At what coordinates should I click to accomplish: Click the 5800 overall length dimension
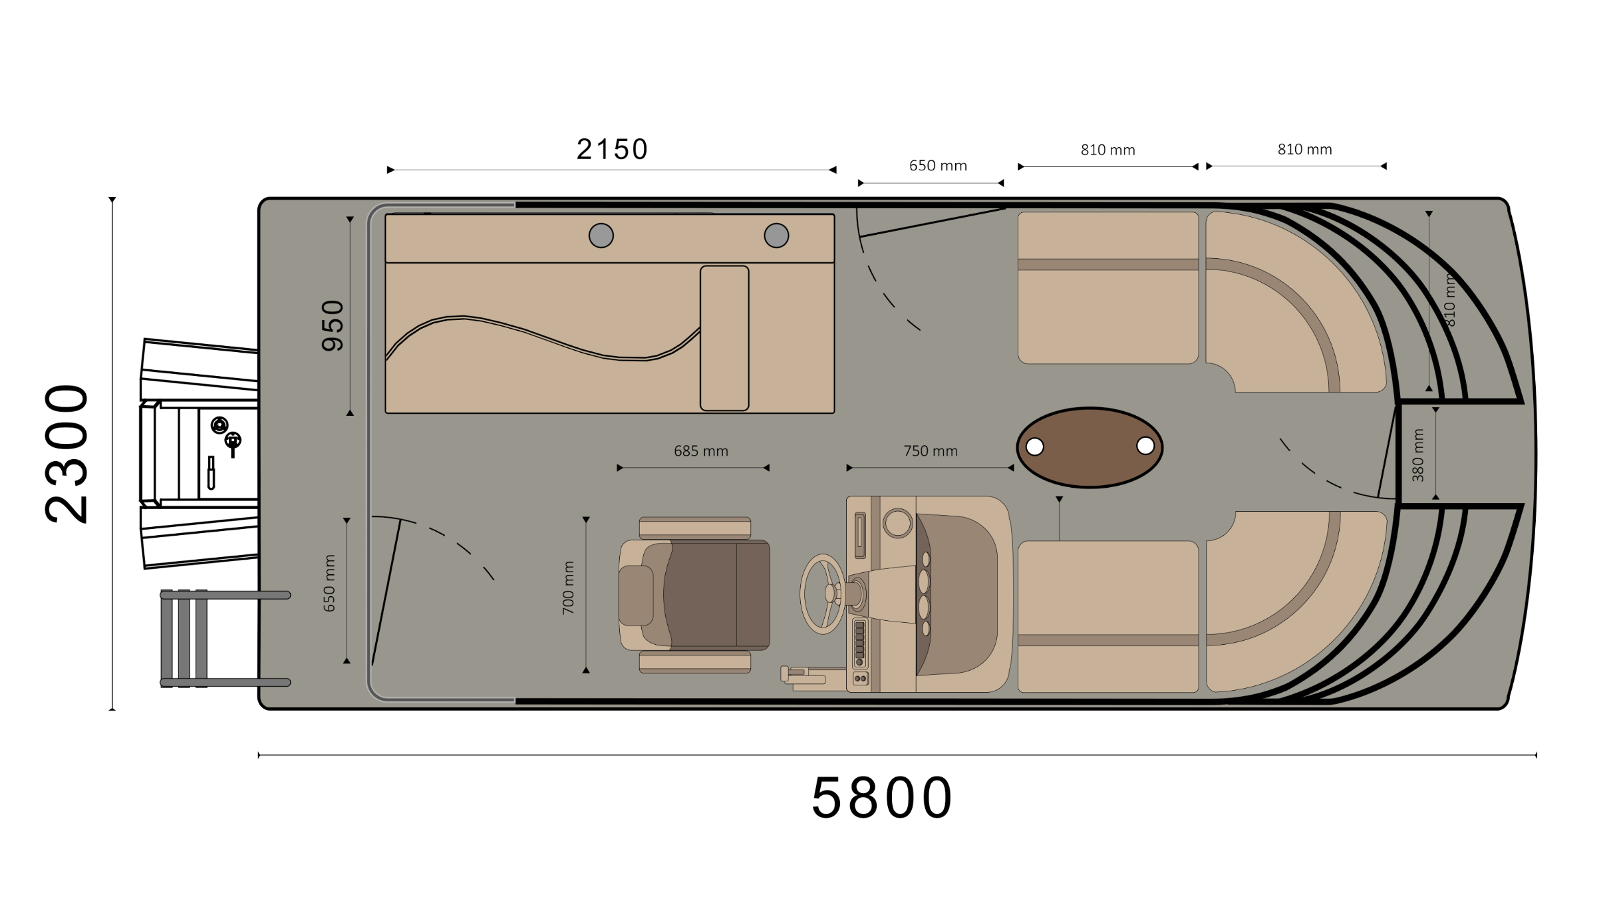(x=882, y=797)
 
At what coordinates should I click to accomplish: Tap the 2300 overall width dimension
(x=66, y=454)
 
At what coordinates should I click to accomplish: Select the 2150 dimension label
(x=612, y=149)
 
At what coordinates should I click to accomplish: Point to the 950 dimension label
(x=333, y=325)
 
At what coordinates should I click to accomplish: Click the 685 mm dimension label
(x=701, y=451)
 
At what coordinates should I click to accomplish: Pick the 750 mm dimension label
(x=931, y=451)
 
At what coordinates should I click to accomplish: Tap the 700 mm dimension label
(x=567, y=588)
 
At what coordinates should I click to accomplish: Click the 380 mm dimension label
(x=1417, y=455)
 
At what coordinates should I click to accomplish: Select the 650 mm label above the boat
(x=938, y=166)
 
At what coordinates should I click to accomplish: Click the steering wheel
(x=823, y=594)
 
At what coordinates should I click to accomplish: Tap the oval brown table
(x=1090, y=447)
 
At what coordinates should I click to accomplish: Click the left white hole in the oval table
(x=1035, y=447)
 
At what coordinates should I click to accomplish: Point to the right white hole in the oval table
(x=1145, y=445)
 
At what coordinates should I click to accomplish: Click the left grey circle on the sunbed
(x=601, y=236)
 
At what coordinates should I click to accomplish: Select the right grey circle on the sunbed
(x=776, y=236)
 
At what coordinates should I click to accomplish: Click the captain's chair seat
(x=695, y=595)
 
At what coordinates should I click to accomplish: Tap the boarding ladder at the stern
(x=225, y=638)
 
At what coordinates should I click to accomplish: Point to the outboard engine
(x=199, y=454)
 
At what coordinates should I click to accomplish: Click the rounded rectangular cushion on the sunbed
(x=724, y=338)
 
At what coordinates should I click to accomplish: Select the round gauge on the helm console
(x=897, y=523)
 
